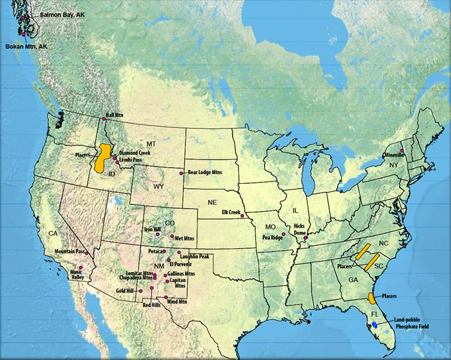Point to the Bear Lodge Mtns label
(x=205, y=172)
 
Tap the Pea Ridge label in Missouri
(x=272, y=237)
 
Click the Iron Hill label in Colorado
(x=152, y=230)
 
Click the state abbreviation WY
(x=158, y=187)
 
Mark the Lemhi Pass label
(x=131, y=160)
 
